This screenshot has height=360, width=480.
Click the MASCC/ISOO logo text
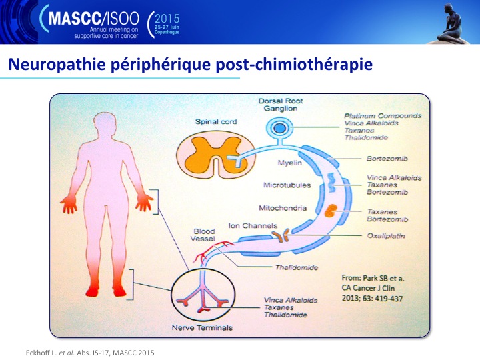[x=94, y=19]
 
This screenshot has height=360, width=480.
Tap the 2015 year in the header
[x=167, y=19]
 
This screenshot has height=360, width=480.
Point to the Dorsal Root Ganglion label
[x=281, y=105]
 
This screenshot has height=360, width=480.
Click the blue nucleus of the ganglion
[x=279, y=128]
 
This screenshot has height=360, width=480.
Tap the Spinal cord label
[x=216, y=122]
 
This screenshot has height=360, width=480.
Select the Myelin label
[x=289, y=163]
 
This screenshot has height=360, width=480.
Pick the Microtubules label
[x=287, y=185]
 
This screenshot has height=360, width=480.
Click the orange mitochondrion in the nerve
[x=331, y=211]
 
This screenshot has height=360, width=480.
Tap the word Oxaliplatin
[x=386, y=236]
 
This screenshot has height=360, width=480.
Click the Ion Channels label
[x=253, y=226]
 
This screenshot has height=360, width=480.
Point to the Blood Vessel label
[x=203, y=235]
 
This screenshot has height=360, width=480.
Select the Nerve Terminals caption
[x=202, y=328]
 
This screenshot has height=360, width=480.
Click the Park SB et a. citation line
[x=373, y=278]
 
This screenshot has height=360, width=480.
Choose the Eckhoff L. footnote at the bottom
[x=90, y=353]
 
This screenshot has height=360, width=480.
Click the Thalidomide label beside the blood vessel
[x=296, y=267]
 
